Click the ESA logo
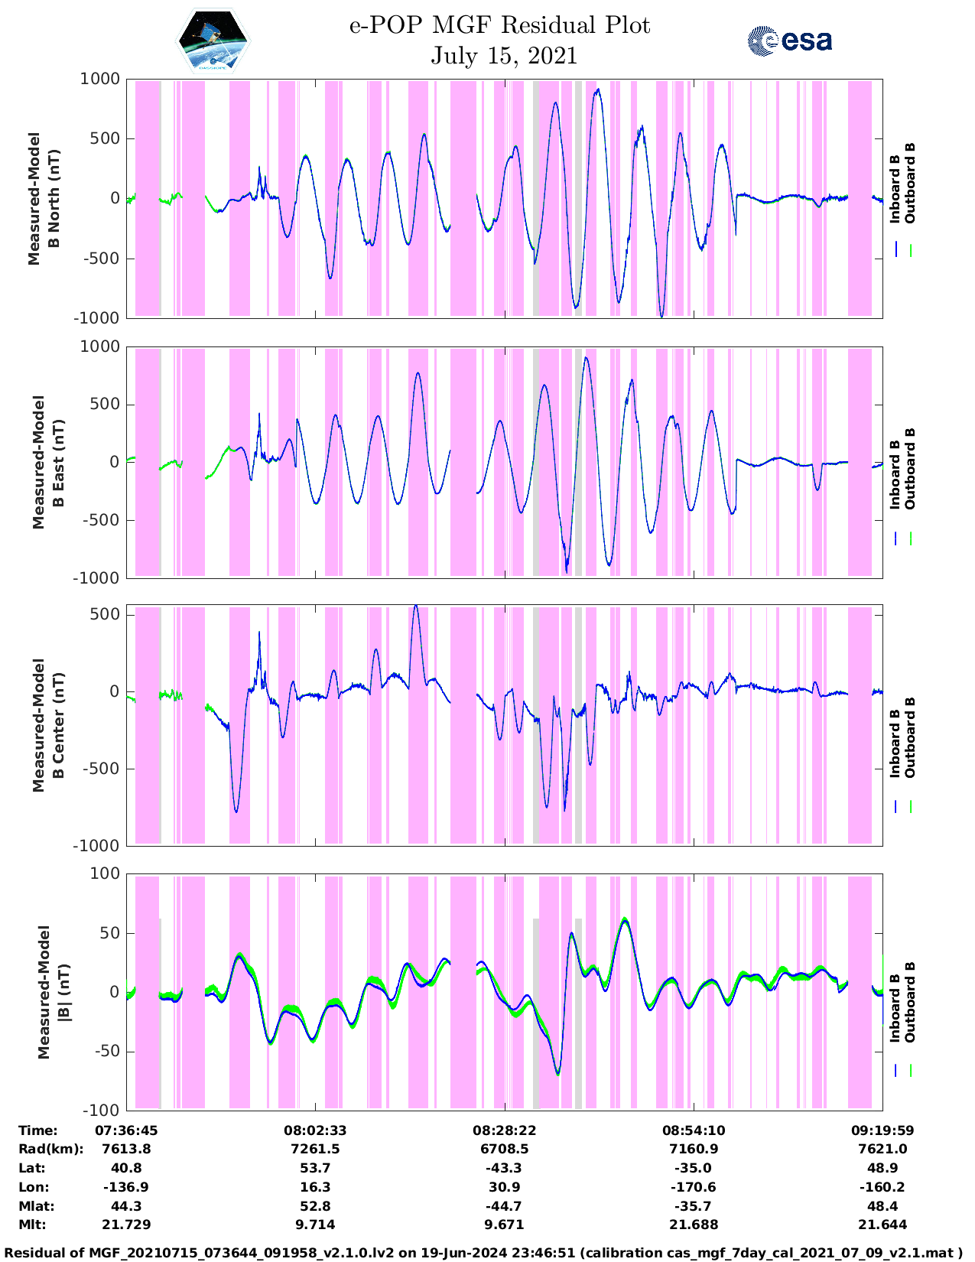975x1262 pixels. [790, 41]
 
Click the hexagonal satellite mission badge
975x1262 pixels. [213, 41]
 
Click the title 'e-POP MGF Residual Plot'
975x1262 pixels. [499, 26]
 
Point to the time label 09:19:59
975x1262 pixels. [882, 1130]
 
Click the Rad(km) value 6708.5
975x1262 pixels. [505, 1149]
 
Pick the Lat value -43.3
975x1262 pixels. [505, 1168]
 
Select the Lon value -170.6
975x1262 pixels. [694, 1187]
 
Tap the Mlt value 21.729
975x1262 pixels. [126, 1225]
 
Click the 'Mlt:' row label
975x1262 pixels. [32, 1225]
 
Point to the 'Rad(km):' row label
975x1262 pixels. [50, 1149]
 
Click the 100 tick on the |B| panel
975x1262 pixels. [105, 873]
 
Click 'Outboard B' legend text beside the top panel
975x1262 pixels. [910, 184]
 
